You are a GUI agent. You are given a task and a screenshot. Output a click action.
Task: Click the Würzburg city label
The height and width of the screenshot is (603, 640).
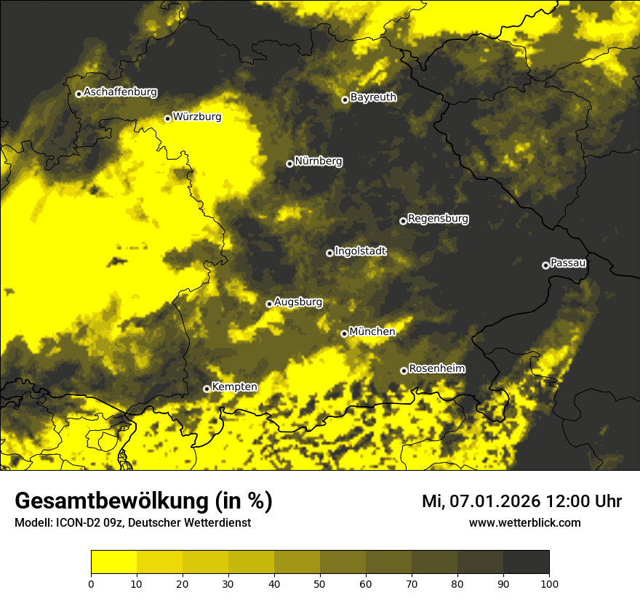pyautogui.click(x=197, y=116)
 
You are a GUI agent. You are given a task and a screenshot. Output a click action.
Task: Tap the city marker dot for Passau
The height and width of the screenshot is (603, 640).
pyautogui.click(x=545, y=265)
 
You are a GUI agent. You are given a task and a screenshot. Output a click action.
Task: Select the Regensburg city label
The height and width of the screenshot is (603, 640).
pyautogui.click(x=438, y=219)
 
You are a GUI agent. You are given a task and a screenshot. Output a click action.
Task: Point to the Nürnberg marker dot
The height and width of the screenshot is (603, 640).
pyautogui.click(x=289, y=163)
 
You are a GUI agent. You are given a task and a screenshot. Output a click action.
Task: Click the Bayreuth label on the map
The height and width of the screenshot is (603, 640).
pyautogui.click(x=373, y=97)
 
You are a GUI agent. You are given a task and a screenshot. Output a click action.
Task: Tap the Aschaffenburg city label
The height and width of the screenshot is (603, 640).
pyautogui.click(x=120, y=92)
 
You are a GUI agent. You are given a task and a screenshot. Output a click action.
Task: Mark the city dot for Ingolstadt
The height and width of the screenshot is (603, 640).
pyautogui.click(x=329, y=253)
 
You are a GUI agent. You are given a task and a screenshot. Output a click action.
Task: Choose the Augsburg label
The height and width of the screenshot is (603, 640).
pyautogui.click(x=297, y=301)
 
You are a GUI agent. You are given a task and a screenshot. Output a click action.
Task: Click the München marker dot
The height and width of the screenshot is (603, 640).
pyautogui.click(x=344, y=333)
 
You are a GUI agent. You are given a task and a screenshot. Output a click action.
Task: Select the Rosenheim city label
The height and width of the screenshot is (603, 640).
pyautogui.click(x=436, y=368)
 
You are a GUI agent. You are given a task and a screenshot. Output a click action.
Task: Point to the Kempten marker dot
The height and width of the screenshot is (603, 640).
pyautogui.click(x=207, y=389)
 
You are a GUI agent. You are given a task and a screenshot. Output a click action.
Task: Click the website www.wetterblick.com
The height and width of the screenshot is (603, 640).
pyautogui.click(x=524, y=522)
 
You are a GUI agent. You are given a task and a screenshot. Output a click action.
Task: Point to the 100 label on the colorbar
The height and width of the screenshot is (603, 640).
pyautogui.click(x=549, y=583)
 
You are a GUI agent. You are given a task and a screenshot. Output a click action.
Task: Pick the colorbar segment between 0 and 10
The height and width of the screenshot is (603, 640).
pyautogui.click(x=114, y=562)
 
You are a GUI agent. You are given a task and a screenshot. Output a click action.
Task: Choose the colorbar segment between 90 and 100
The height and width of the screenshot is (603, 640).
pyautogui.click(x=526, y=562)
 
